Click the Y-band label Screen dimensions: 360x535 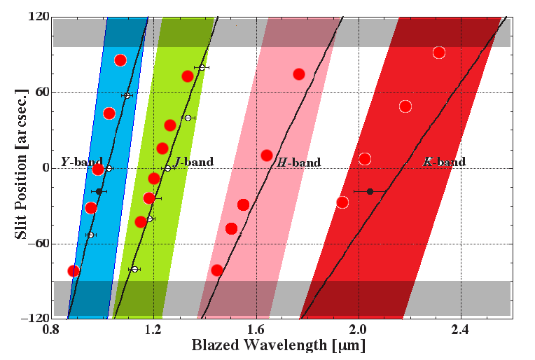pos(82,161)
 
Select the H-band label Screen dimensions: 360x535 pos(299,162)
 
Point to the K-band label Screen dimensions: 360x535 pos(444,162)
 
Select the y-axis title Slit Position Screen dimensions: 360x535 pos(21,168)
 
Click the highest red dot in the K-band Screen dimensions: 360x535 pos(439,53)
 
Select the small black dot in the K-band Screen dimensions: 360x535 pos(370,191)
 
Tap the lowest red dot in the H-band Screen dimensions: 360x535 pos(217,270)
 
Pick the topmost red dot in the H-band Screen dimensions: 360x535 pos(298,74)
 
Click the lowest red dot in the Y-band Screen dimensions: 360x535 pos(73,271)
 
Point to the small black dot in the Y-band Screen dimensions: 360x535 pos(99,191)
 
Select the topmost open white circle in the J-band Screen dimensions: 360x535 pos(202,67)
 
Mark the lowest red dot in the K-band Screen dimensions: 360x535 pos(342,202)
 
